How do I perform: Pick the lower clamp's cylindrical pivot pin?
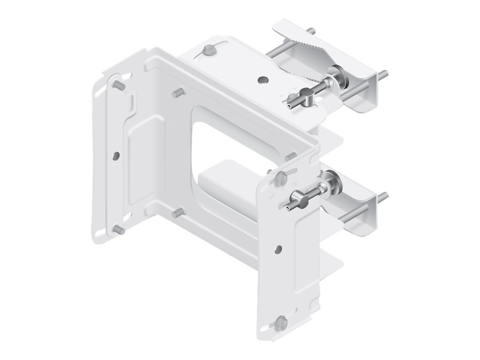click(x=303, y=201)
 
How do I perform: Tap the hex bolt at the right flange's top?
click(x=281, y=179)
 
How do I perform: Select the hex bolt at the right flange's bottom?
click(x=281, y=323)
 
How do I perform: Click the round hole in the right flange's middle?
click(x=278, y=249)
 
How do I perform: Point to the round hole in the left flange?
click(x=116, y=156)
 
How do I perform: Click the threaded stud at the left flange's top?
click(x=119, y=86)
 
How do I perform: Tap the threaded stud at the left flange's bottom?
click(x=119, y=230)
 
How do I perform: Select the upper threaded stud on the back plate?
click(x=178, y=93)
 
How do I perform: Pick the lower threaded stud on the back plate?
click(x=178, y=213)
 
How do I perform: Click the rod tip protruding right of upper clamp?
click(x=383, y=75)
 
